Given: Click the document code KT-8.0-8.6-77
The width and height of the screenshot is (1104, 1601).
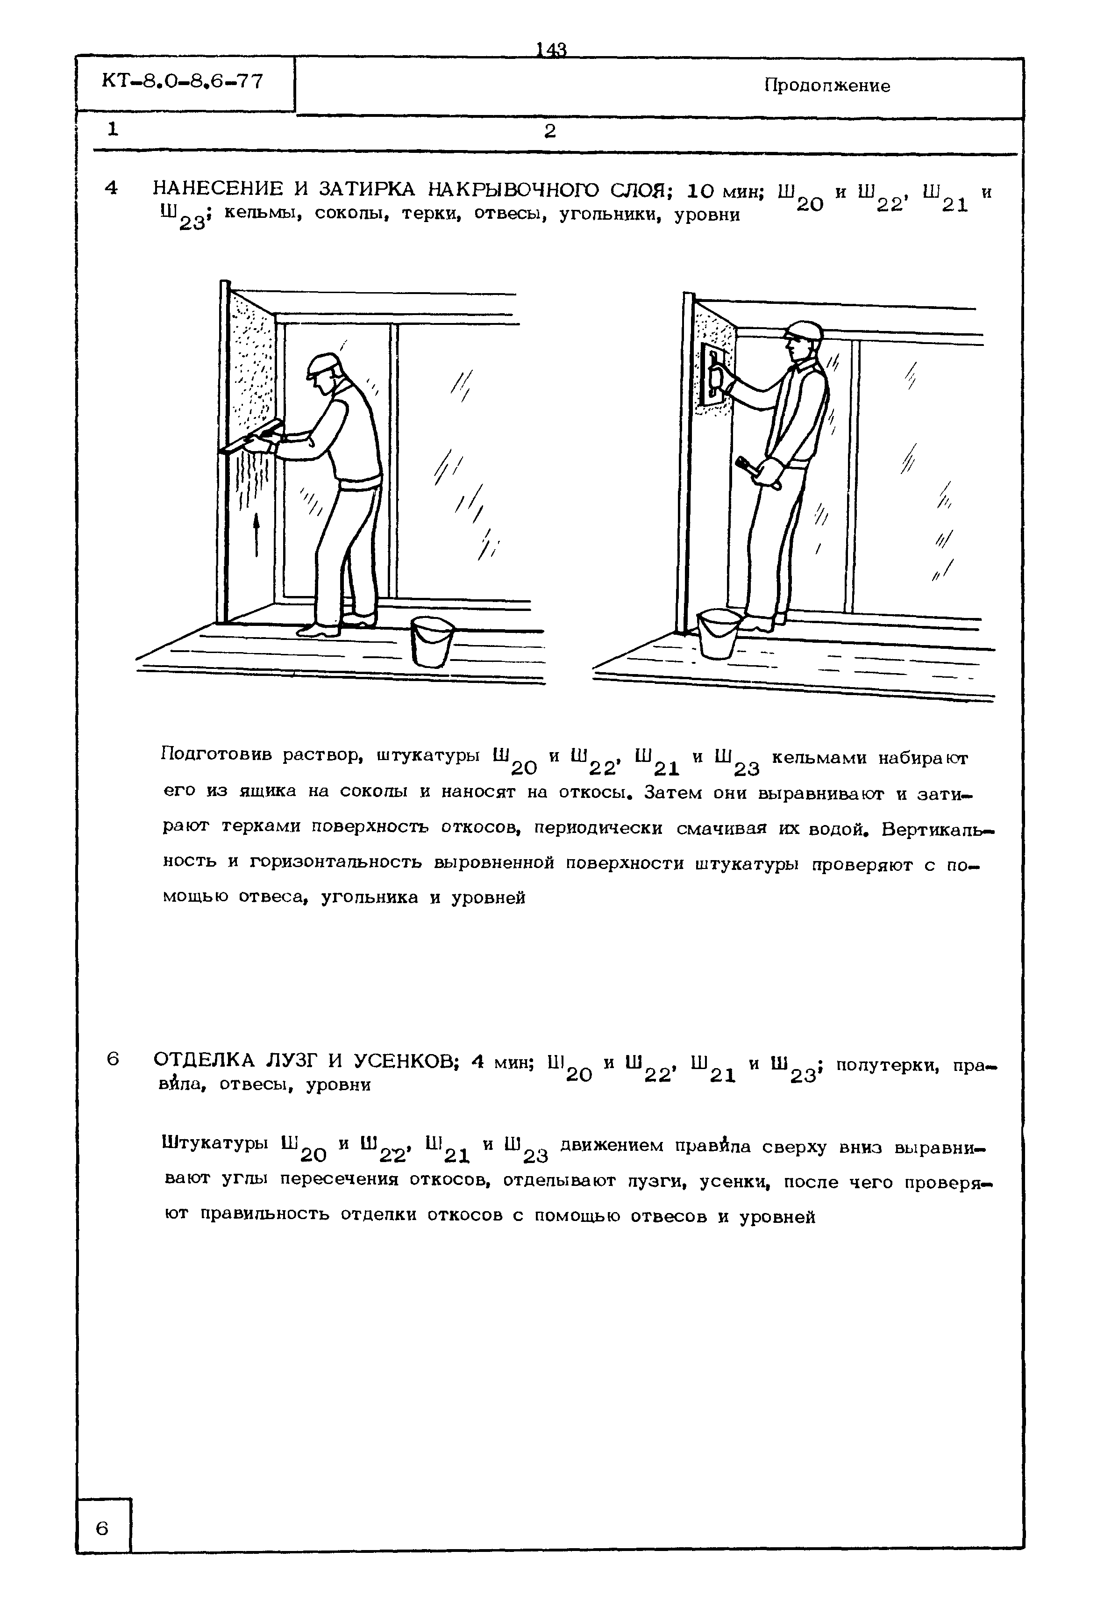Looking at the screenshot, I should pyautogui.click(x=183, y=82).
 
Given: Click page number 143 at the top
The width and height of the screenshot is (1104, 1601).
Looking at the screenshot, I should pyautogui.click(x=551, y=50).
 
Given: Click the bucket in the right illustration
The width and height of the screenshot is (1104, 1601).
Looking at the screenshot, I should pyautogui.click(x=719, y=633).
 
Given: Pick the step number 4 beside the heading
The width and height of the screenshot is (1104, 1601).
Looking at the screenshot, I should pyautogui.click(x=111, y=188).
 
